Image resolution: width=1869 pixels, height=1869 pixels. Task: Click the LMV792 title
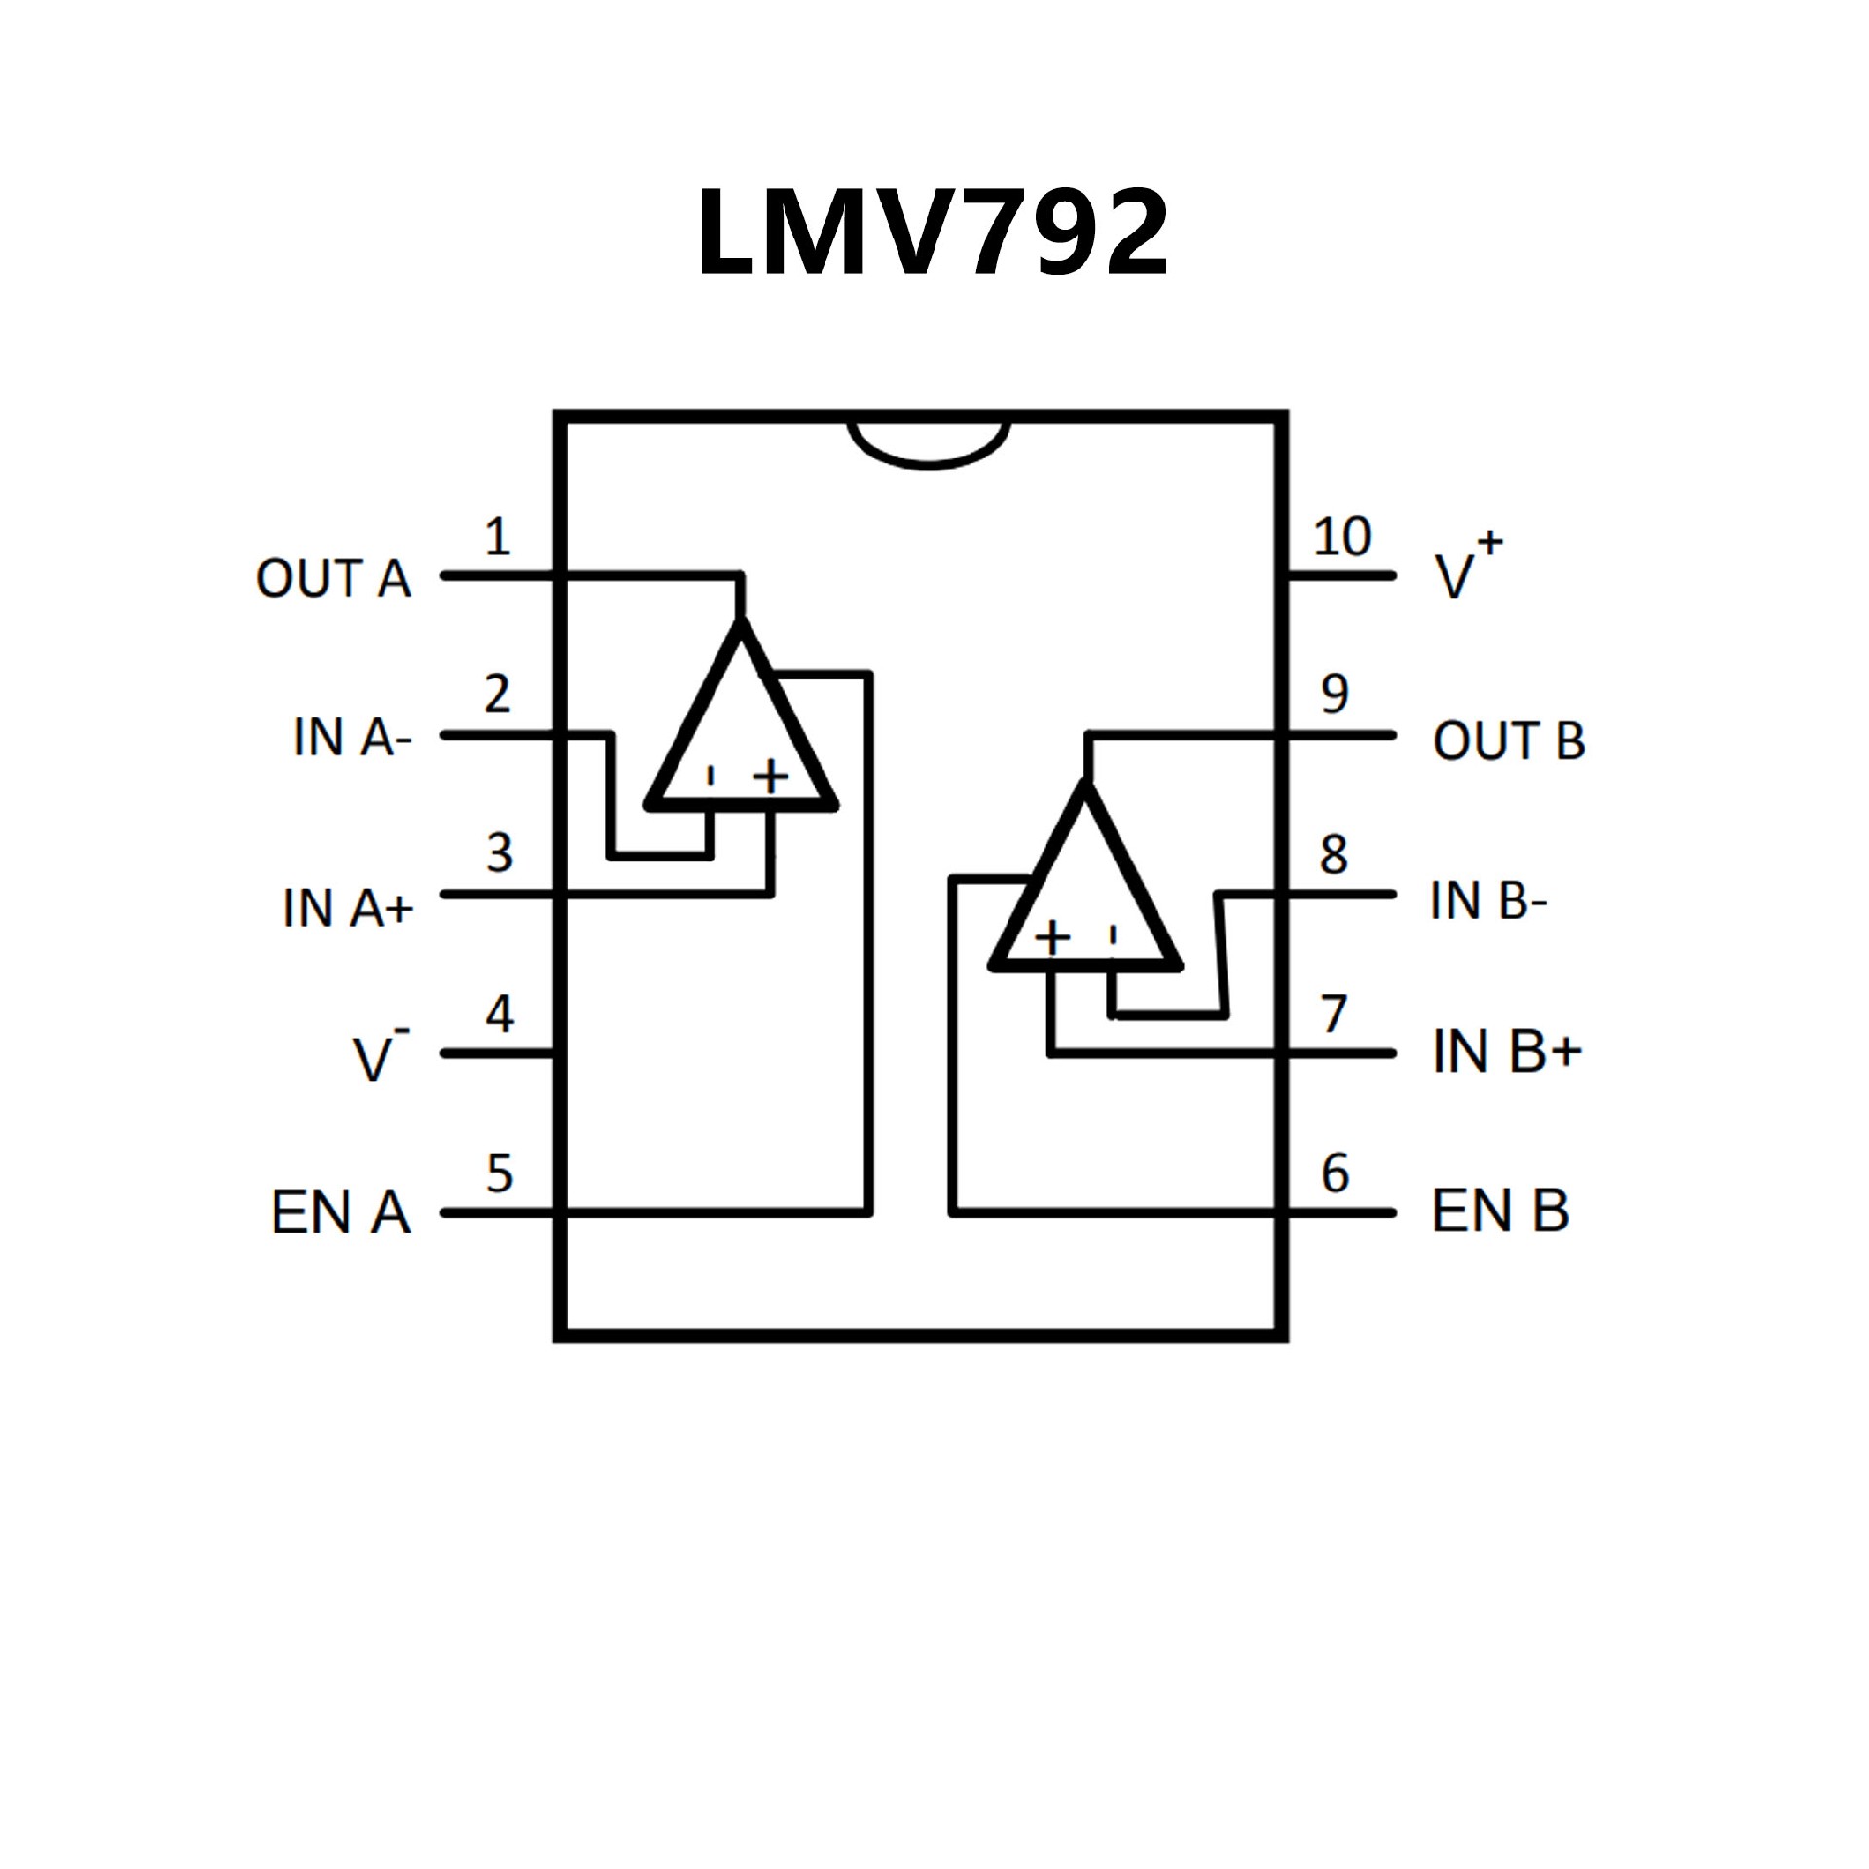pyautogui.click(x=933, y=234)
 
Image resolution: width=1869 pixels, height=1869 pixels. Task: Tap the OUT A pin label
pyautogui.click(x=333, y=579)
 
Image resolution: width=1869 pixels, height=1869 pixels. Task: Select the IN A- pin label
pyautogui.click(x=352, y=738)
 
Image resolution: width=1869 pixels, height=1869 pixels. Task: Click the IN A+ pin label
pyautogui.click(x=348, y=907)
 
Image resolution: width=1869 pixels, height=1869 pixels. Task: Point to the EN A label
pyautogui.click(x=340, y=1213)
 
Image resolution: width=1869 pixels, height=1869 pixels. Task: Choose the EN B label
pyautogui.click(x=1501, y=1212)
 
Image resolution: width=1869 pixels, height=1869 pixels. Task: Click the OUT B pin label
pyautogui.click(x=1508, y=742)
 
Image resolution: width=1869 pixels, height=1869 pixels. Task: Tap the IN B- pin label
pyautogui.click(x=1488, y=901)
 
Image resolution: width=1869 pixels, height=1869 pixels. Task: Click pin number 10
pyautogui.click(x=1341, y=536)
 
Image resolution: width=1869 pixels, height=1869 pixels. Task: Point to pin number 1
pyautogui.click(x=497, y=536)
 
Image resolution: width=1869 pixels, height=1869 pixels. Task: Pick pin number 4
pyautogui.click(x=499, y=1014)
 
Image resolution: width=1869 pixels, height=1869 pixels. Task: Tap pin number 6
pyautogui.click(x=1335, y=1173)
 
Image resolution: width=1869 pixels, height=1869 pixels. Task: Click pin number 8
pyautogui.click(x=1334, y=855)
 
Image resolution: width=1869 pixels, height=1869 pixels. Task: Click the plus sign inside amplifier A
pyautogui.click(x=771, y=777)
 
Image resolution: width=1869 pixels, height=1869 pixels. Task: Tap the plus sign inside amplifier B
pyautogui.click(x=1052, y=937)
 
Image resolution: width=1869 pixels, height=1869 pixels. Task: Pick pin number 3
pyautogui.click(x=499, y=854)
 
